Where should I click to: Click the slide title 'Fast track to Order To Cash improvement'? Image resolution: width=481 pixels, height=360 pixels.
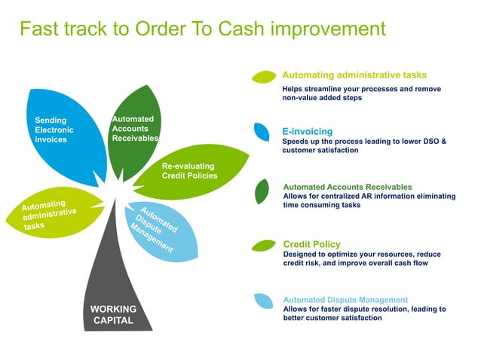202,29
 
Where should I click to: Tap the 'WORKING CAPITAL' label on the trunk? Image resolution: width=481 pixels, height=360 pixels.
113,314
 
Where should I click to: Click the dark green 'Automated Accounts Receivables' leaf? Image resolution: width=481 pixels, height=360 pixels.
133,129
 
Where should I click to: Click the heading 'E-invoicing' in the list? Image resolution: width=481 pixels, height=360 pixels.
307,131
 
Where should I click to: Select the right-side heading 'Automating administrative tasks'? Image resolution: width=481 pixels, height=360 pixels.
354,75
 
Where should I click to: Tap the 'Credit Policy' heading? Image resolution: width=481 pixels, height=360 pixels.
311,244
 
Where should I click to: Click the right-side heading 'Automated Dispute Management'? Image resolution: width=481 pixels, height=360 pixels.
345,300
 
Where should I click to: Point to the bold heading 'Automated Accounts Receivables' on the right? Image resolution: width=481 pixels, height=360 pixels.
348,187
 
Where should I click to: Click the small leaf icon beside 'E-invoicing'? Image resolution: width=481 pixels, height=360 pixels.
262,132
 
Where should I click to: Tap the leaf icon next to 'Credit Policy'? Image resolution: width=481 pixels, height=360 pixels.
263,246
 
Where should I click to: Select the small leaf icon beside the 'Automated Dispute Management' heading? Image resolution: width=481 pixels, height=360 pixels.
263,301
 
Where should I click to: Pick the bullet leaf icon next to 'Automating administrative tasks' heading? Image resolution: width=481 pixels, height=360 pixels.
264,76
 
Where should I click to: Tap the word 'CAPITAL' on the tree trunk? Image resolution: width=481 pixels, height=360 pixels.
113,320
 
